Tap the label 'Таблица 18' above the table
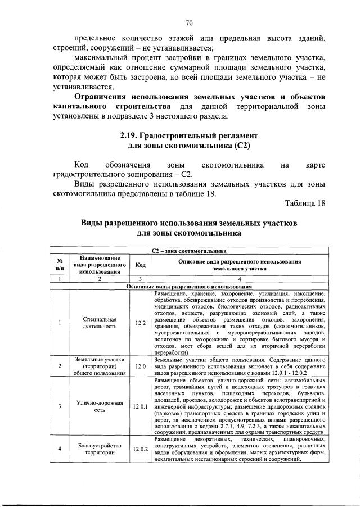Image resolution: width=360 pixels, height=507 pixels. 305,203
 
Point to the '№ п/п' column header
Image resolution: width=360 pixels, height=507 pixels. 60,265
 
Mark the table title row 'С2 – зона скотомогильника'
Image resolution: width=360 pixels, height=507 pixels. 189,251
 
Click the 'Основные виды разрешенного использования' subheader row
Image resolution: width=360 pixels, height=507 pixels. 189,286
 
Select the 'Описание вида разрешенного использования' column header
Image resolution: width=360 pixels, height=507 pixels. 240,265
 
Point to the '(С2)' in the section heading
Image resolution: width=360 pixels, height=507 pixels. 240,146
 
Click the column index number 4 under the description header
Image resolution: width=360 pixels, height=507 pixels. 240,279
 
